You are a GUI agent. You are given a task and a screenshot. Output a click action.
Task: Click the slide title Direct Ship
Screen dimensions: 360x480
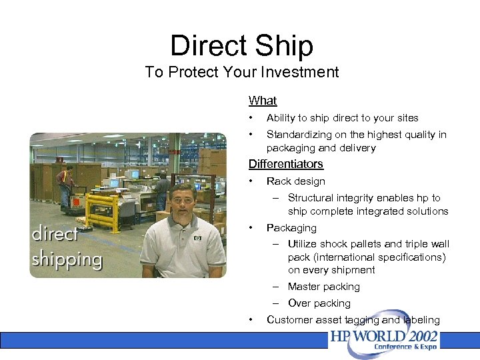point(241,45)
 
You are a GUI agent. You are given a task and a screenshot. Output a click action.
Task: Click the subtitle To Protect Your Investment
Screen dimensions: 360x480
point(241,72)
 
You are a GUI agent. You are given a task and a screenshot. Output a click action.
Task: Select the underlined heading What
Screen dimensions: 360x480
point(262,101)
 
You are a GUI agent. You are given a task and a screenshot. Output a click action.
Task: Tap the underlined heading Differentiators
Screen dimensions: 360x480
point(285,164)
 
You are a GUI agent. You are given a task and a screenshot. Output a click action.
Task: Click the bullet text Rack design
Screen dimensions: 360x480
point(295,181)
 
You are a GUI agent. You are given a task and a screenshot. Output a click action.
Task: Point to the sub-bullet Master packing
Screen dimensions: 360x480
point(323,287)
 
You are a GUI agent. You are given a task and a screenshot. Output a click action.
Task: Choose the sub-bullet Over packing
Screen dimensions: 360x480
point(319,303)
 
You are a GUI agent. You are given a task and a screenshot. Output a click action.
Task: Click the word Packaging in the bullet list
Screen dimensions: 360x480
point(291,228)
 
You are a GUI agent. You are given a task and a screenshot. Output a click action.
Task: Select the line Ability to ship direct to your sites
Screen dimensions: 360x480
point(342,118)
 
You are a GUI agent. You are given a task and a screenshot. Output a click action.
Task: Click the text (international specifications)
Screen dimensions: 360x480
point(367,257)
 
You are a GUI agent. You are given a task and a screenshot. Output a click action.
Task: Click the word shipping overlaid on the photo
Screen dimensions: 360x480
point(67,259)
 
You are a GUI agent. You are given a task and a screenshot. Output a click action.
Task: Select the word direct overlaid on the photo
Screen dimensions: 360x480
point(55,235)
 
